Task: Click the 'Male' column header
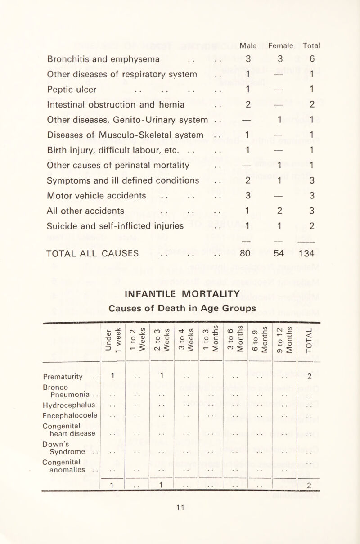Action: click(x=248, y=45)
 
